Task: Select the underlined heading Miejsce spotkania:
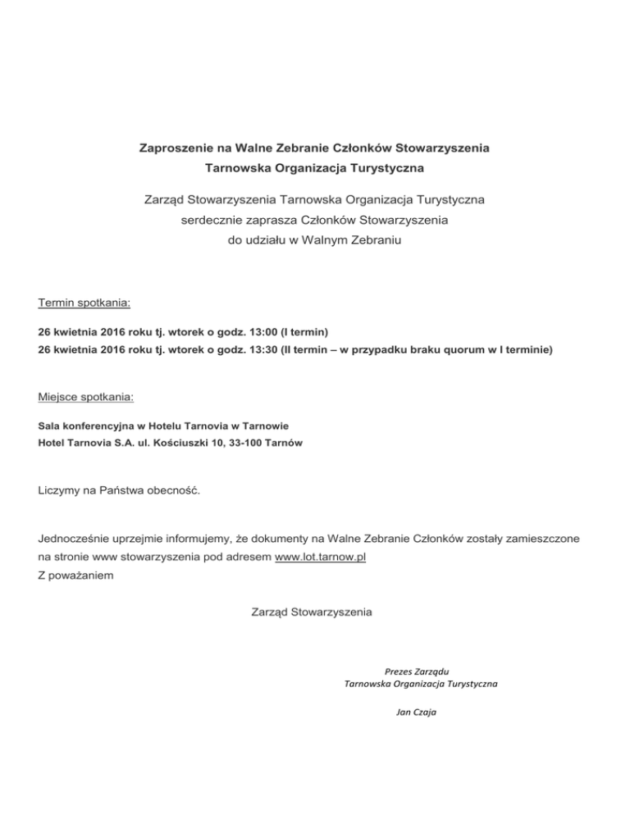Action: point(86,398)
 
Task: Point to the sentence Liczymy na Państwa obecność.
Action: point(119,491)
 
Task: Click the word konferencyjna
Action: point(96,426)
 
